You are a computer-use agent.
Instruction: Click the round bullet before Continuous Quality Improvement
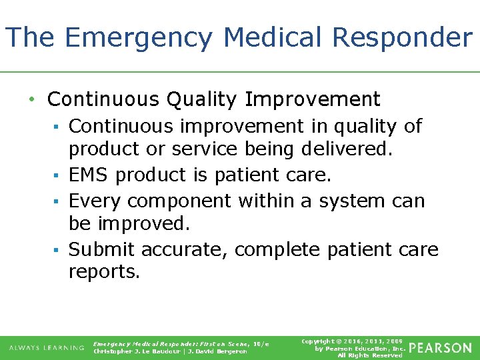click(31, 100)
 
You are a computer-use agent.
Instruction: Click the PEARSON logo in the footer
click(440, 348)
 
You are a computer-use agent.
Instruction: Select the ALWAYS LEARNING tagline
click(47, 348)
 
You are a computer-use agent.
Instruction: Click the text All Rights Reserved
click(370, 355)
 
